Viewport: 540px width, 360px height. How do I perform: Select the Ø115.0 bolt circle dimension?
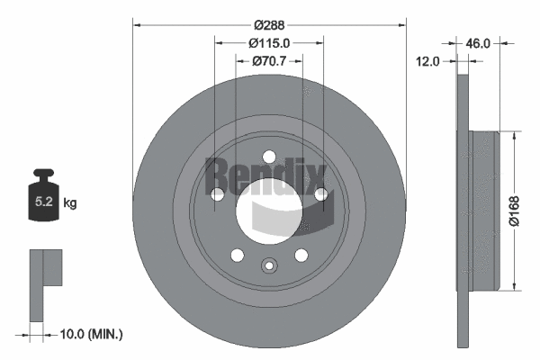[x=269, y=42]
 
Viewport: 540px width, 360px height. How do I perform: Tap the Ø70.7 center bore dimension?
[x=269, y=60]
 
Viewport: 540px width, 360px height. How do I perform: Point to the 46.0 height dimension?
[x=477, y=42]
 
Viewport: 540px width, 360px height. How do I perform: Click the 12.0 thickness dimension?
[x=428, y=61]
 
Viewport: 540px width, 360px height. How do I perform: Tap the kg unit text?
[x=70, y=203]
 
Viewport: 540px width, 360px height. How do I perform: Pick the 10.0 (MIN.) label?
[x=90, y=334]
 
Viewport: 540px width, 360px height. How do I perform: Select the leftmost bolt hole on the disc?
[x=217, y=194]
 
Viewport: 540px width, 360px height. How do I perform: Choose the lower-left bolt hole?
[x=237, y=255]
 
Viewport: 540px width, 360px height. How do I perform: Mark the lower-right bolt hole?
[x=301, y=255]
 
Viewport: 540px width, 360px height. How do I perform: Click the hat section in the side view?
[x=482, y=211]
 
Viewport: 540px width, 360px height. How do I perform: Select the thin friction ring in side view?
[x=463, y=211]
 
